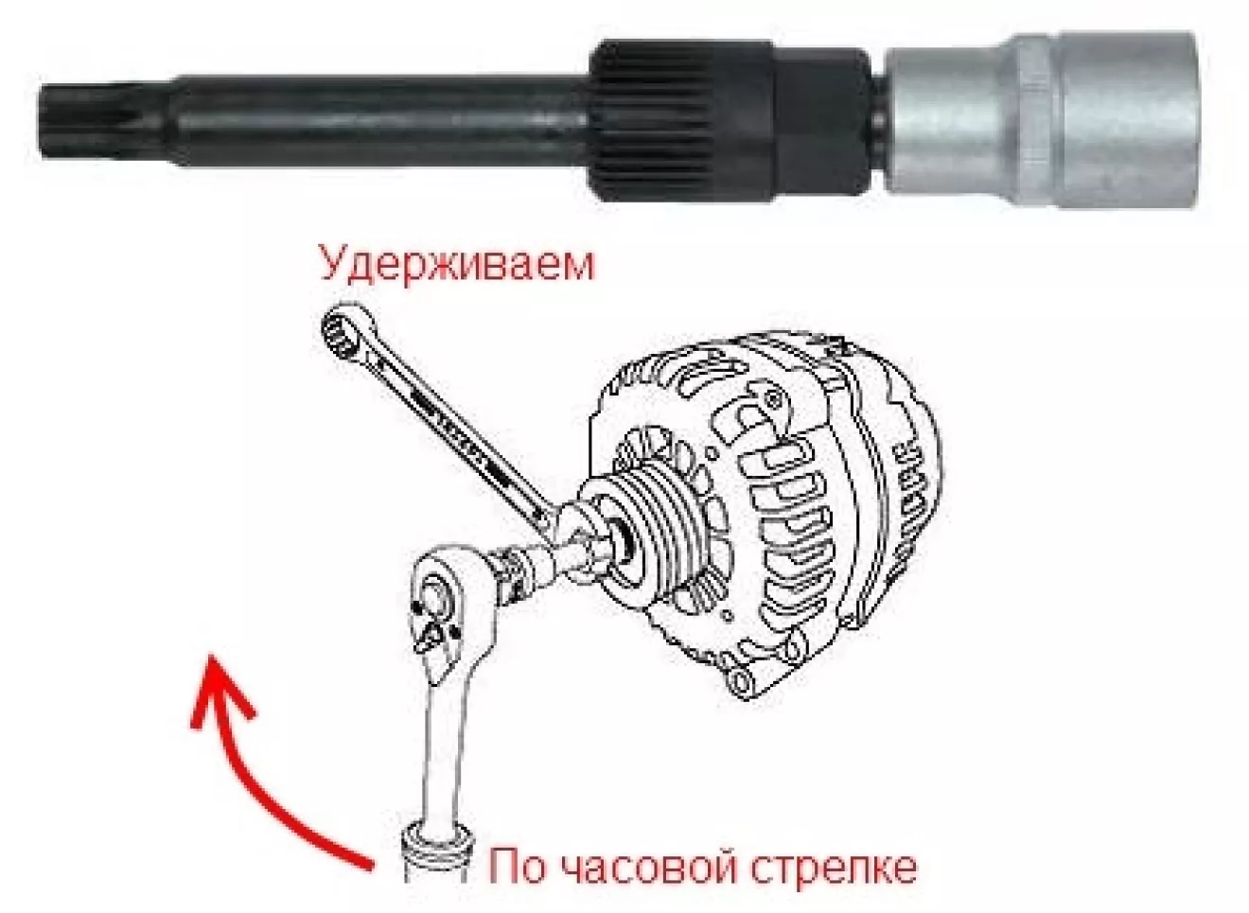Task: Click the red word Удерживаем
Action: point(457,266)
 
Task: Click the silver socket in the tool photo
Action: point(1041,120)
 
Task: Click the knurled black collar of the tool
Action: point(680,121)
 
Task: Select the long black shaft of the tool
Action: point(379,120)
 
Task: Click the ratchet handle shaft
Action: point(445,758)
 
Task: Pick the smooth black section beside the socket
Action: point(823,121)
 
